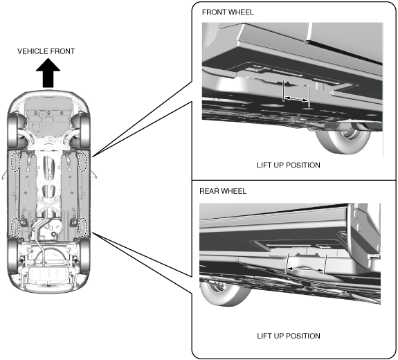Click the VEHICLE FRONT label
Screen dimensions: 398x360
pyautogui.click(x=46, y=51)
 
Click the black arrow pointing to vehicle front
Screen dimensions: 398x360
pyautogui.click(x=48, y=73)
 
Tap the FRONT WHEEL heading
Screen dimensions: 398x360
pyautogui.click(x=228, y=12)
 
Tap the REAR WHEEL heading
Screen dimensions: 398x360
pyautogui.click(x=223, y=191)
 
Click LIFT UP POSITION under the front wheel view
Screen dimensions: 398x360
pyautogui.click(x=289, y=165)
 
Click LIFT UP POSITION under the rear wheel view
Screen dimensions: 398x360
pyautogui.click(x=289, y=336)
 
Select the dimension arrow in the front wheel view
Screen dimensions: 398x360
pyautogui.click(x=296, y=99)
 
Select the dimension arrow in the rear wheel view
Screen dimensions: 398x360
pyautogui.click(x=306, y=269)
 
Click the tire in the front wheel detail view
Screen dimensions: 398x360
pyautogui.click(x=343, y=140)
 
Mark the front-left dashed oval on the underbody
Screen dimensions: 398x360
pyautogui.click(x=15, y=161)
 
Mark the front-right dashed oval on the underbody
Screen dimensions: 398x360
pyautogui.click(x=83, y=161)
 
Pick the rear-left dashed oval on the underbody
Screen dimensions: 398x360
pyautogui.click(x=15, y=227)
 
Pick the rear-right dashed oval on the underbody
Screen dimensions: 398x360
pyautogui.click(x=83, y=227)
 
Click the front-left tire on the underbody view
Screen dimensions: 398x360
pyautogui.click(x=12, y=132)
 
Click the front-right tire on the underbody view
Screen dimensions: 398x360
pyautogui.click(x=84, y=132)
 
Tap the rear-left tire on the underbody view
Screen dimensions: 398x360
pyautogui.click(x=12, y=256)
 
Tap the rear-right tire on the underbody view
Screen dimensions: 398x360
pyautogui.click(x=84, y=256)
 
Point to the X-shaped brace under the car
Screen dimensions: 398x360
pyautogui.click(x=49, y=205)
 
